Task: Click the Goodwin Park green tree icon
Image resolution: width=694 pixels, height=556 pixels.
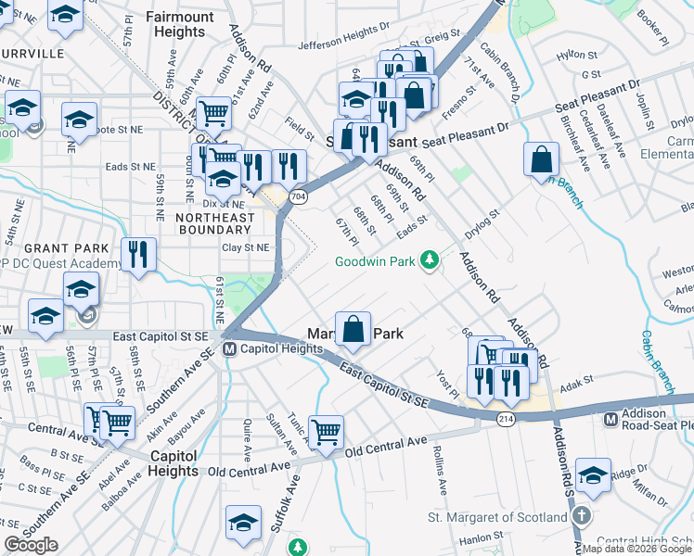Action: coord(429,260)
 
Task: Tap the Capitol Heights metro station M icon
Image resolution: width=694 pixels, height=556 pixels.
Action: coord(229,349)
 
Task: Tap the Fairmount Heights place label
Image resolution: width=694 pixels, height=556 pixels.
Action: coord(175,24)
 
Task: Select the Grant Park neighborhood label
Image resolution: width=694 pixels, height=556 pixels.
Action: coord(59,248)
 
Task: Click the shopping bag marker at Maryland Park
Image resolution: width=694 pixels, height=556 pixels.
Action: coord(353,328)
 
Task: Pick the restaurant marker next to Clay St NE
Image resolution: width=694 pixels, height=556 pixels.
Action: coord(138,254)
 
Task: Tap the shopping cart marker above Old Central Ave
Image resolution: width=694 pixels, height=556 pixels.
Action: coord(326,431)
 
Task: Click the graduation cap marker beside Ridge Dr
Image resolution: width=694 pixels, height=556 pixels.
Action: coord(593,474)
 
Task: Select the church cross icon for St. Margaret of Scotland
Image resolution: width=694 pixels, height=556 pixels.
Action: coord(579,516)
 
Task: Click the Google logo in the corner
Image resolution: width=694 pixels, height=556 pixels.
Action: coord(31,545)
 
